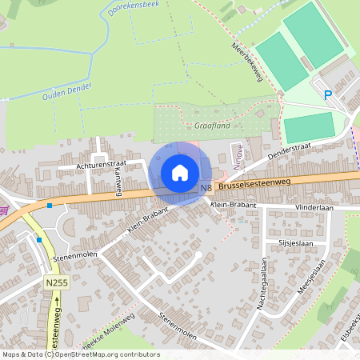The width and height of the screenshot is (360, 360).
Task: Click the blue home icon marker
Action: pos(180,173)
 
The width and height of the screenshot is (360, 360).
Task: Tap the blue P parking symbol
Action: pos(327,95)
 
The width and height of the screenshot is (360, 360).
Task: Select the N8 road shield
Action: pos(206,189)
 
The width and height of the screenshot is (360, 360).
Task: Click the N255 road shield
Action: pos(55,283)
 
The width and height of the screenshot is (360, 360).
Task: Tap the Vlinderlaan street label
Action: pos(313,206)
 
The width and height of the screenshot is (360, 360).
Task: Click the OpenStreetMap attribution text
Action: pos(80,354)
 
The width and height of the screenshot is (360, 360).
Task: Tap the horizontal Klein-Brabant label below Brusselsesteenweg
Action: pos(233,206)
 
